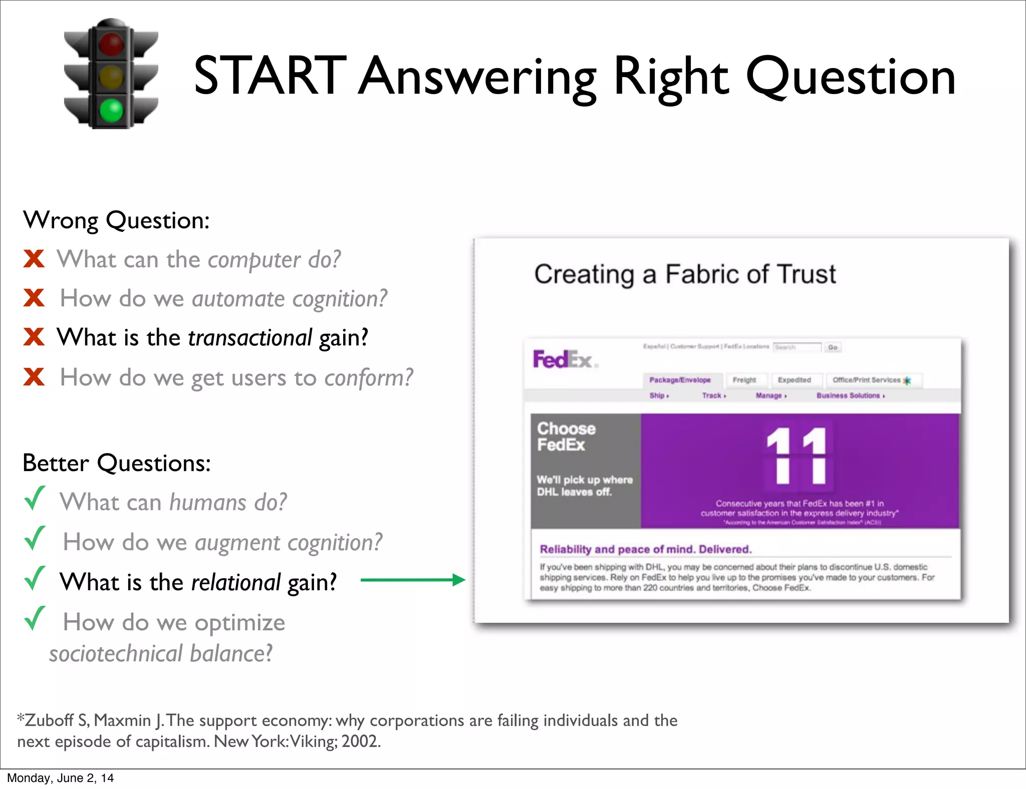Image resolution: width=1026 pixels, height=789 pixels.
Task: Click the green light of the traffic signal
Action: point(111,110)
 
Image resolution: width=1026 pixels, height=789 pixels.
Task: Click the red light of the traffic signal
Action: point(111,44)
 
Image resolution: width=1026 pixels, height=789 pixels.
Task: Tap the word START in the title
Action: point(270,76)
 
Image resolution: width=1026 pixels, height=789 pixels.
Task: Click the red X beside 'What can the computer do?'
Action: point(34,259)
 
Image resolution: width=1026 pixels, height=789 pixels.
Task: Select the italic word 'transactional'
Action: point(250,337)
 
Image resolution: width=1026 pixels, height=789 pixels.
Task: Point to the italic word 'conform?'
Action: point(369,377)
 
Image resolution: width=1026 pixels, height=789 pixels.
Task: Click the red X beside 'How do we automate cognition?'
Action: point(34,298)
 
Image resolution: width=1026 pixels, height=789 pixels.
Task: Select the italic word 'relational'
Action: point(236,582)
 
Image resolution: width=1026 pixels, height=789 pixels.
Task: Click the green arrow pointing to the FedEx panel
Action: point(413,580)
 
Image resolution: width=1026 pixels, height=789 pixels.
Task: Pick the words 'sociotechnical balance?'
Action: point(161,654)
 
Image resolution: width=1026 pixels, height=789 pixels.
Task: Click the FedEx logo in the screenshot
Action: point(564,359)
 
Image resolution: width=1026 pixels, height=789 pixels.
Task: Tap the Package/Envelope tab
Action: point(680,380)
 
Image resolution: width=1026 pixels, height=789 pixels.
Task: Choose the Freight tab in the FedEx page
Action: point(744,380)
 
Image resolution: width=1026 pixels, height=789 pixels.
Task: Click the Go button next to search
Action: point(833,347)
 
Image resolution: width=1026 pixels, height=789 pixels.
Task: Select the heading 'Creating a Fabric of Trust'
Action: point(685,274)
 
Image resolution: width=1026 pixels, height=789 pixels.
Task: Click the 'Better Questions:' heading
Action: point(117,463)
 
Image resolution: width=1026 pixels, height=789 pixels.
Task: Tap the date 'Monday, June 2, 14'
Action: point(60,778)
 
